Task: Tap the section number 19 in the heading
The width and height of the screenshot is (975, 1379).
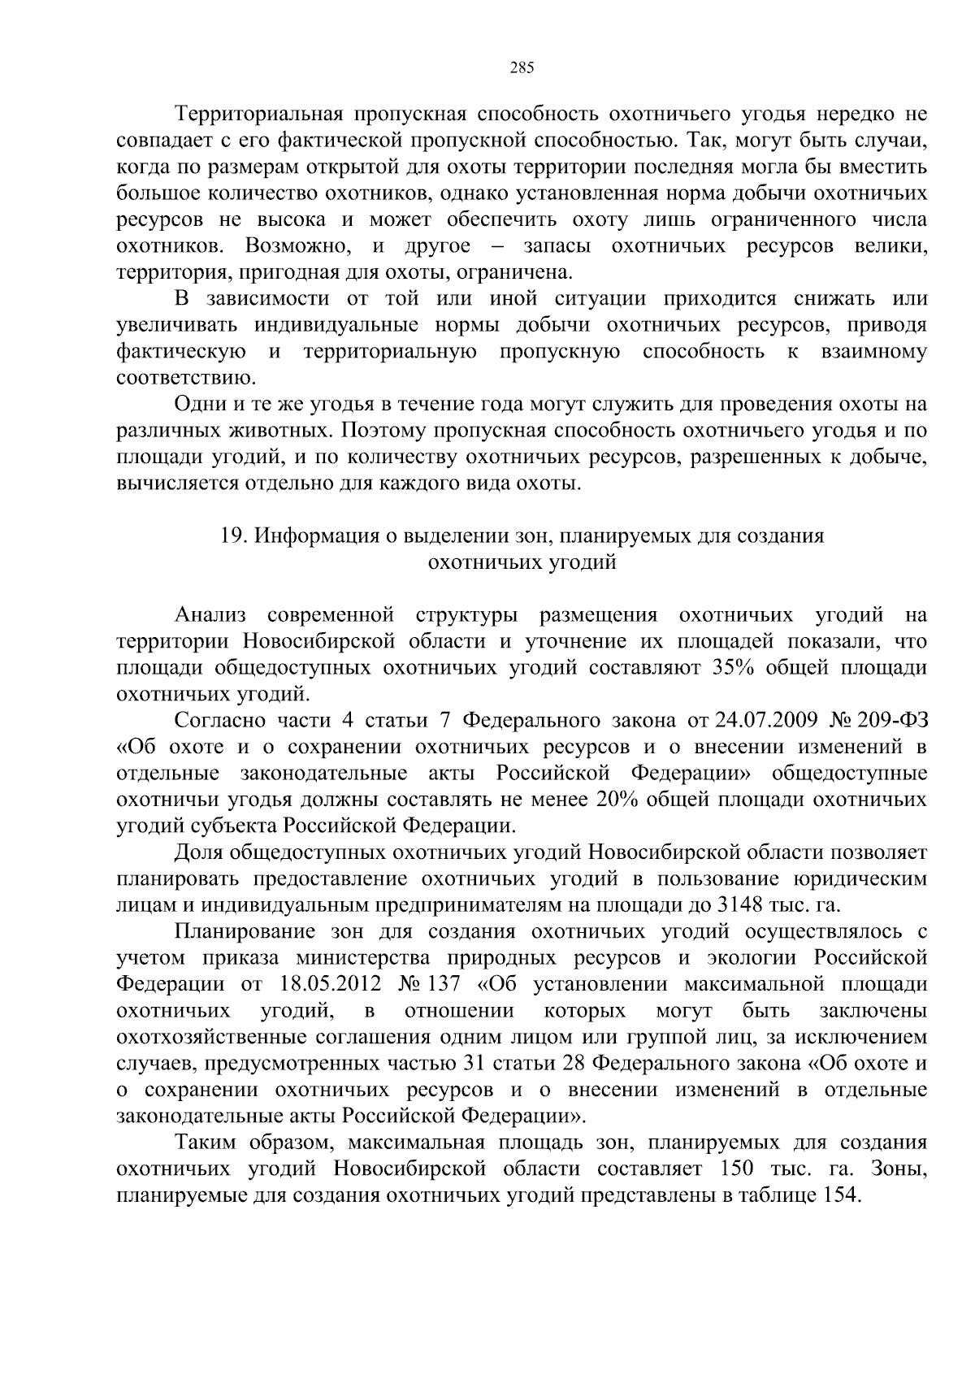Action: pyautogui.click(x=232, y=536)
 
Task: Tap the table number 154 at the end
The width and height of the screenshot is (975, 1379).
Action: pyautogui.click(x=838, y=1195)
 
